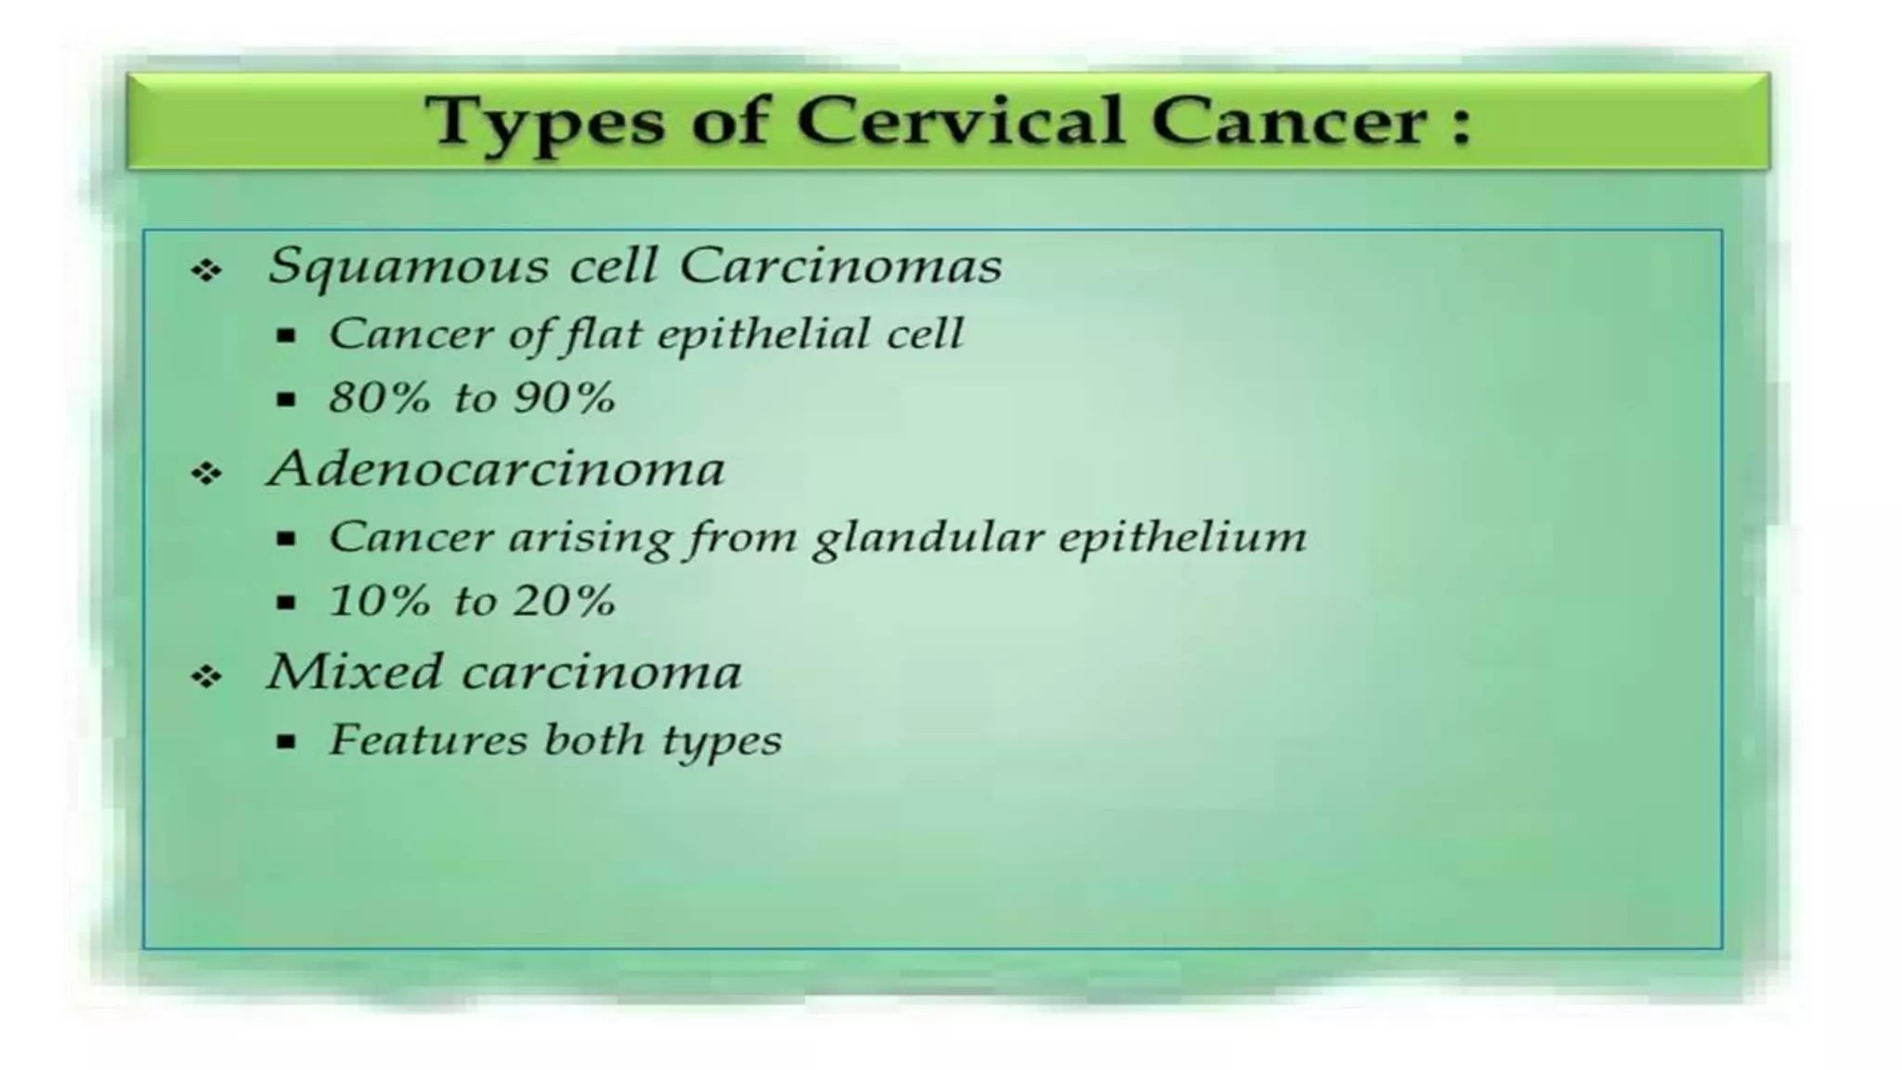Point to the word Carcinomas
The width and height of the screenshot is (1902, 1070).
click(840, 266)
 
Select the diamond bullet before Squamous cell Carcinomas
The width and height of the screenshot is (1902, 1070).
click(206, 271)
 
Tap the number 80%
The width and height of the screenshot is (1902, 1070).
click(380, 398)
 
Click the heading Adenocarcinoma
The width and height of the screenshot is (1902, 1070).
click(496, 468)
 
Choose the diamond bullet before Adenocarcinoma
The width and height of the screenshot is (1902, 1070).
click(206, 475)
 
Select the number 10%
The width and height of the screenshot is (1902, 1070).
click(380, 601)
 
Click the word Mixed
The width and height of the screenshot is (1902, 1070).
click(354, 671)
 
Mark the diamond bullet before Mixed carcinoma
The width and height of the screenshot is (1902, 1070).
click(206, 677)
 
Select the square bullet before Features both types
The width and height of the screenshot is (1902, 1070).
click(286, 742)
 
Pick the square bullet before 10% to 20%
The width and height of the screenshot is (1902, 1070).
click(286, 603)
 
